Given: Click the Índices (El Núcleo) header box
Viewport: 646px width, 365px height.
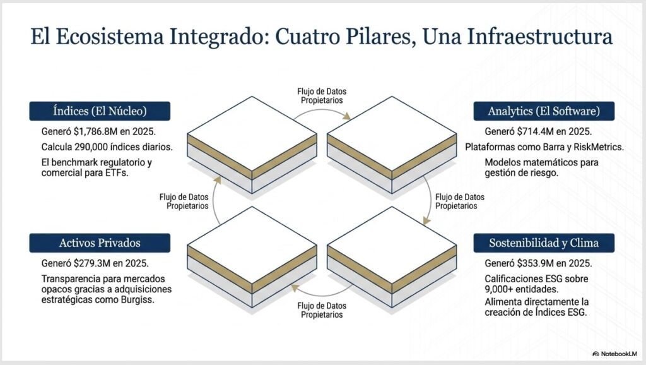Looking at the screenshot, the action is [100, 111].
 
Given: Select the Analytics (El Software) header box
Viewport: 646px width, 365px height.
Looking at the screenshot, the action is [544, 111].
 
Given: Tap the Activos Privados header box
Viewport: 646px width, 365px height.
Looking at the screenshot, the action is [100, 243].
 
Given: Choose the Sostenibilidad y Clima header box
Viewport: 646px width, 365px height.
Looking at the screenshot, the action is [544, 243].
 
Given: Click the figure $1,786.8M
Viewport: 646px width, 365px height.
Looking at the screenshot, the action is [96, 131].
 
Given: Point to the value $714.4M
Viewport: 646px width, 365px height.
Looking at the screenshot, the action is [536, 131].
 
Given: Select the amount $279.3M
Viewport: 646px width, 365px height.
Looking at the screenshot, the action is [92, 263].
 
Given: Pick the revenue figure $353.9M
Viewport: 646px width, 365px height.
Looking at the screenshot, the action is [536, 263].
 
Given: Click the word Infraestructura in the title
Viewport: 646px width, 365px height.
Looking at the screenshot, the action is [540, 36].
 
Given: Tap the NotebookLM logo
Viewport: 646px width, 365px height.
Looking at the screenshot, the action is [614, 354].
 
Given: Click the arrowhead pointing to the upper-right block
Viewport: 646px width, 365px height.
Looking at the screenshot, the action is [347, 116].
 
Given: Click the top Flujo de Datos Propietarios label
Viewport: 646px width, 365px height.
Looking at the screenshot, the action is [322, 96].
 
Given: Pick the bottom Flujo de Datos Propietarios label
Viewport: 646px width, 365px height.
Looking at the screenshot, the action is [322, 310].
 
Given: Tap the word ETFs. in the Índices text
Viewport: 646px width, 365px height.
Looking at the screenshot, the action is [117, 173].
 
